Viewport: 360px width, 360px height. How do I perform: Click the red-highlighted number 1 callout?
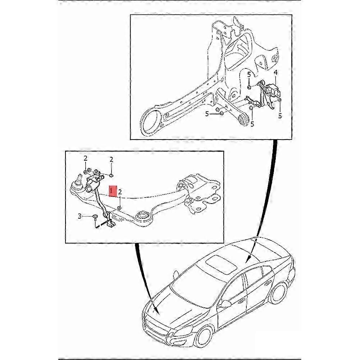(x=113, y=191)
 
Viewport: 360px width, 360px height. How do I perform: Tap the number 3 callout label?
(x=79, y=216)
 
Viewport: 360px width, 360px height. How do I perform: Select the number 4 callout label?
(x=275, y=73)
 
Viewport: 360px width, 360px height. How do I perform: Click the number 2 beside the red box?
(x=120, y=193)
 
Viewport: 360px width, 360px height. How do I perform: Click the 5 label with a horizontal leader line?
(x=207, y=114)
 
